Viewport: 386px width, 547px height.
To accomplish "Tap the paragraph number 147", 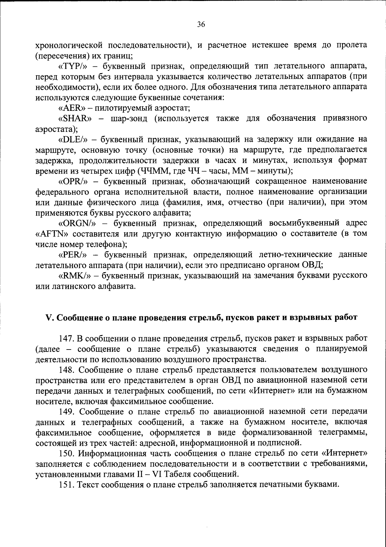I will pyautogui.click(x=66, y=339).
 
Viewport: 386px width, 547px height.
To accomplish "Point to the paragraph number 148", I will pyautogui.click(x=66, y=370).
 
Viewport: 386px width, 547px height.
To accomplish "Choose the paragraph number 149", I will pyautogui.click(x=66, y=412).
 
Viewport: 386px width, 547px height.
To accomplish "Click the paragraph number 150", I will pyautogui.click(x=66, y=454).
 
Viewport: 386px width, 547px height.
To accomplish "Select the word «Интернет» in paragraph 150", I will pyautogui.click(x=344, y=454).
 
